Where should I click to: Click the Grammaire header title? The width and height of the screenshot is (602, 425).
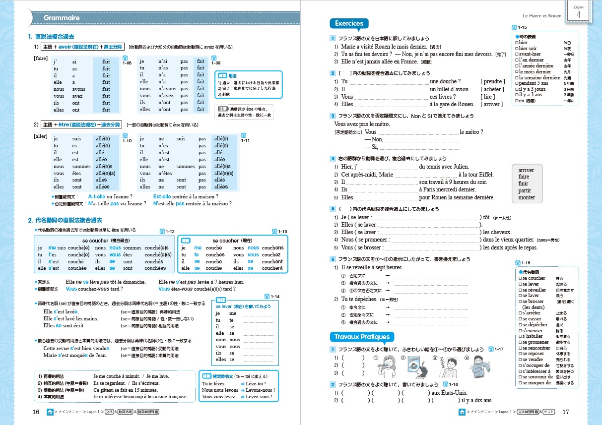click(x=62, y=18)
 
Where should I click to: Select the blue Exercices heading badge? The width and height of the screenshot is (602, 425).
click(x=349, y=23)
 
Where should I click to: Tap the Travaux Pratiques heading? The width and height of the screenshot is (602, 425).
click(x=362, y=337)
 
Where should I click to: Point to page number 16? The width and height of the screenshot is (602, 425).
click(x=36, y=412)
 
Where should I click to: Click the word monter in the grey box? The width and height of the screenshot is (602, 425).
click(x=527, y=197)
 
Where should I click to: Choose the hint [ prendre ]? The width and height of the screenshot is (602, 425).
click(x=492, y=81)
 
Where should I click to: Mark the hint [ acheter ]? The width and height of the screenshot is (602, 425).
click(x=492, y=89)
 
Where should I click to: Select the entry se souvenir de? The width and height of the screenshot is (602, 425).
click(x=535, y=377)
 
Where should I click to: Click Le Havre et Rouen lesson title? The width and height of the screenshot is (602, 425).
click(x=542, y=16)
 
